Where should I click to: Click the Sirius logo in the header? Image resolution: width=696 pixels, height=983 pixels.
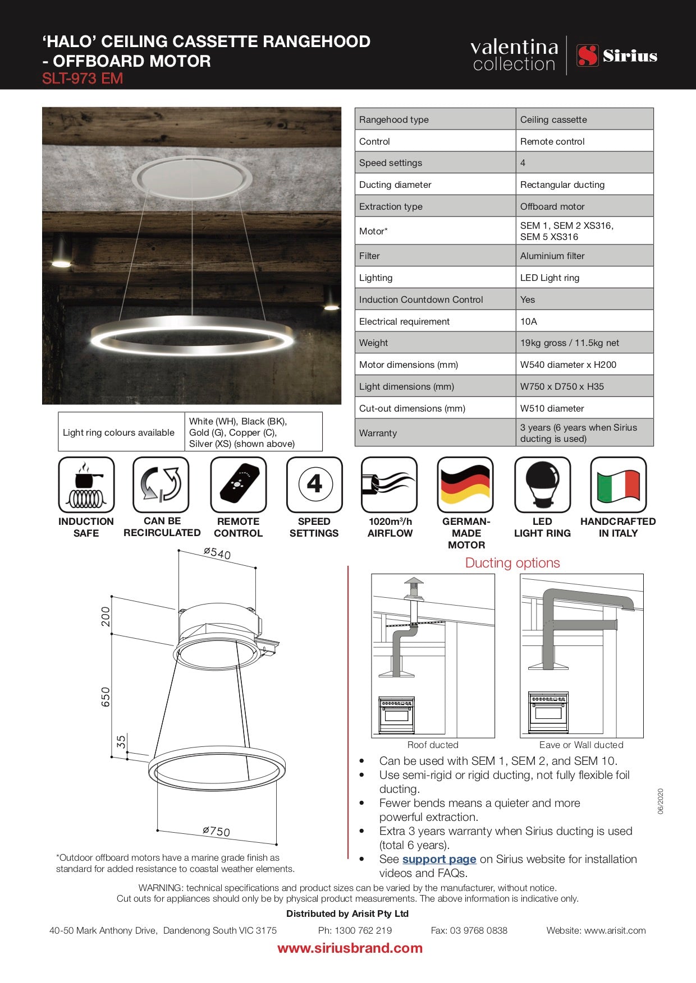[617, 56]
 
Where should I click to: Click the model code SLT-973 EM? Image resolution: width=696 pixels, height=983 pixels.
[83, 79]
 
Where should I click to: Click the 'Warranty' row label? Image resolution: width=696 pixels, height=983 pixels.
[378, 433]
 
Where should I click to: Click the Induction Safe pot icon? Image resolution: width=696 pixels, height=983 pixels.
[86, 484]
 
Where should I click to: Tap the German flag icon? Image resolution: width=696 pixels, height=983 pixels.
[465, 484]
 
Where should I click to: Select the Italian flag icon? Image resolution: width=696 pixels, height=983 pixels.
[619, 484]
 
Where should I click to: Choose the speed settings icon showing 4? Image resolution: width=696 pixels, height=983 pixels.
[314, 484]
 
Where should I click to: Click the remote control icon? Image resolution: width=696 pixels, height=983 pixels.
[238, 484]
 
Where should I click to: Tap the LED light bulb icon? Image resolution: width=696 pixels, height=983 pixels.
[542, 484]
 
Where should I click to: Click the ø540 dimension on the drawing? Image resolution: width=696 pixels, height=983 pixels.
[217, 553]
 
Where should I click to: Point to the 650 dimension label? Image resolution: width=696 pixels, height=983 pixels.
[106, 697]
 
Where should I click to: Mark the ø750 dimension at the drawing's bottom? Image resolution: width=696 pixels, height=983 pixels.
[217, 830]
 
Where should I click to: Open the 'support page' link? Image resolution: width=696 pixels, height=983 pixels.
[439, 859]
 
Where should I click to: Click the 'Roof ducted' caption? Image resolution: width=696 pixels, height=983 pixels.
[433, 745]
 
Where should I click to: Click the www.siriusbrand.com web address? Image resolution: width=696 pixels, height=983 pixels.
[350, 948]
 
